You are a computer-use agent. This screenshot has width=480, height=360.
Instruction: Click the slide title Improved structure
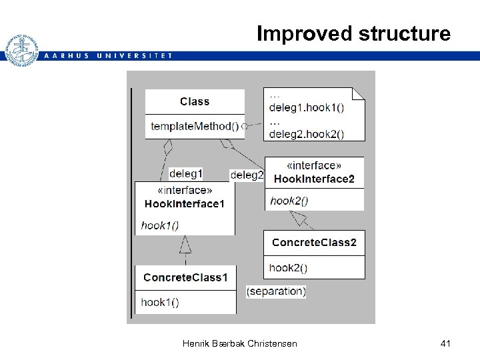pos(353,33)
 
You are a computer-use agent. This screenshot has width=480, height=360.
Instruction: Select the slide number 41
pos(446,343)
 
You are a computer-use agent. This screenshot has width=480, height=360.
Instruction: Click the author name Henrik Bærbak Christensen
pos(239,343)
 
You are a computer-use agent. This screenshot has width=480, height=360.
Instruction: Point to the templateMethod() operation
pos(195,126)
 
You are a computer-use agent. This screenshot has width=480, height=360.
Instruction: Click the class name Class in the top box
pos(195,101)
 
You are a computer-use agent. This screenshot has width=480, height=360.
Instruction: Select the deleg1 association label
pos(185,173)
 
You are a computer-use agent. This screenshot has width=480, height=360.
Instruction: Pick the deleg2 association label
pos(247,175)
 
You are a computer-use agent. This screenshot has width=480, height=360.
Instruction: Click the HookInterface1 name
pos(185,204)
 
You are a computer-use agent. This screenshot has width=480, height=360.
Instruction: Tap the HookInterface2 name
pos(314,179)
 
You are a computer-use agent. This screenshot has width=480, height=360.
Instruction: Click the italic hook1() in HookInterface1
pos(160,225)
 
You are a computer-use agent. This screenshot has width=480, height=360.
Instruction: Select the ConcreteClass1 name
pos(185,277)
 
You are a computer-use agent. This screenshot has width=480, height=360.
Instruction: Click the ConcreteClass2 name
pos(314,243)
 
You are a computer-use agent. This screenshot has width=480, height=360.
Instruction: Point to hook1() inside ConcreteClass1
pos(160,302)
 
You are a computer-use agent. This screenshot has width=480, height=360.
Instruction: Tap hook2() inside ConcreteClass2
pos(288,268)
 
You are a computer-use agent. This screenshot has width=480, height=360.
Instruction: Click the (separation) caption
pos(276,291)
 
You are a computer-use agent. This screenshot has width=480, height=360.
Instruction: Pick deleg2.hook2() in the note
pos(306,133)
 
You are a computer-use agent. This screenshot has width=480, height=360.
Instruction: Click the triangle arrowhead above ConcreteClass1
pos(185,245)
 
